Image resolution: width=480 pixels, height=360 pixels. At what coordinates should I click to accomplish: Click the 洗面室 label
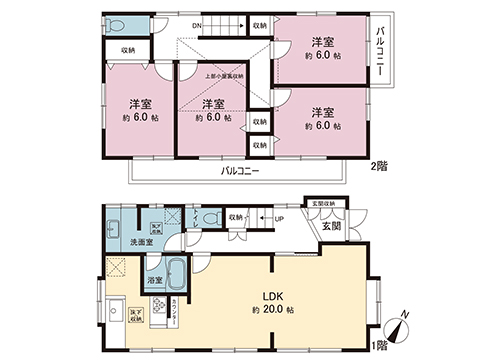click(140, 243)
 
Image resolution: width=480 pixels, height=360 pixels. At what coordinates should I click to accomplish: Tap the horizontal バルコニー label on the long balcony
click(239, 171)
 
